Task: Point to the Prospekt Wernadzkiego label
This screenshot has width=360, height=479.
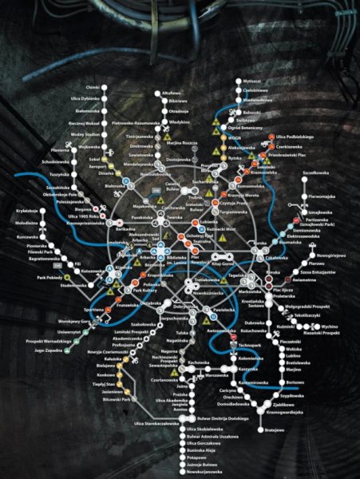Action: [x=45, y=341]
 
